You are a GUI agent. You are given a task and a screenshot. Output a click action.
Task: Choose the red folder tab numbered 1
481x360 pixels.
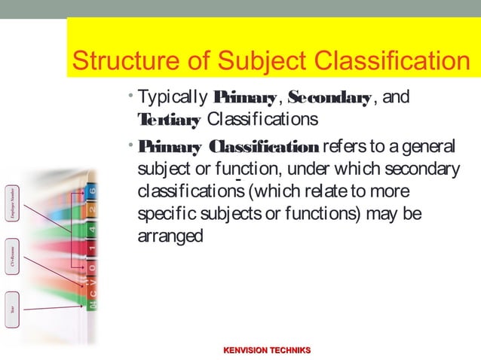point(92,248)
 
